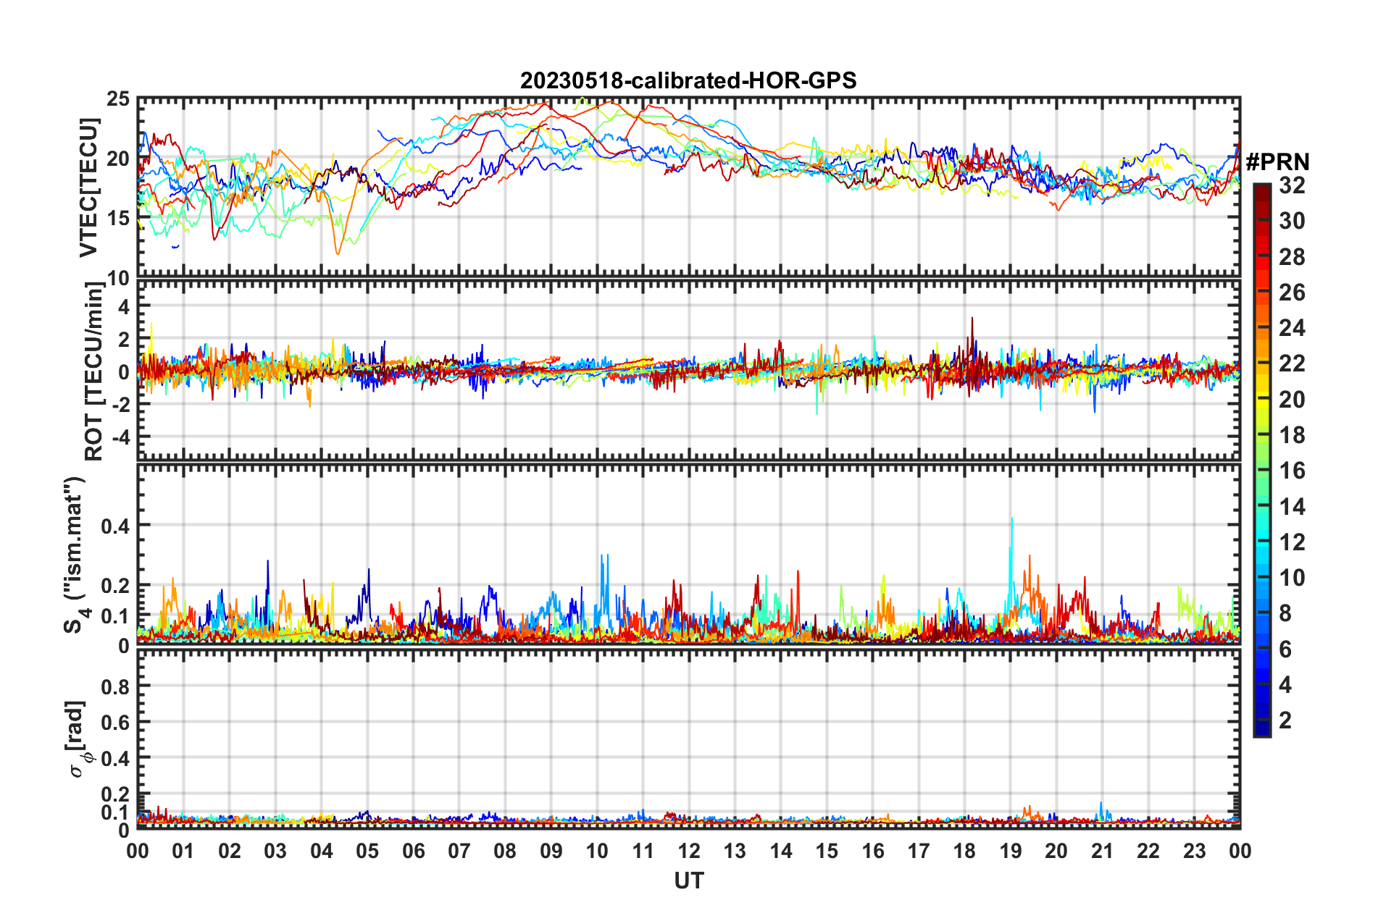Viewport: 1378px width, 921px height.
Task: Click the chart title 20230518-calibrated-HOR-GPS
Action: (688, 80)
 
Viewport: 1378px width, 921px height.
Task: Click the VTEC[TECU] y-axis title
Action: (88, 188)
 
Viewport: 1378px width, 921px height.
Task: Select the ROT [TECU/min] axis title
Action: (93, 371)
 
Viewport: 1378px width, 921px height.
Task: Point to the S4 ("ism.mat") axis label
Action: (76, 555)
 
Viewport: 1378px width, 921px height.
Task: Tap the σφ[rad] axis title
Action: (78, 739)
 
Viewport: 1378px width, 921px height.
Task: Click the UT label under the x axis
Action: (688, 880)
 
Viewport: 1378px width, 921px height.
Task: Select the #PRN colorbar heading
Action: (1277, 161)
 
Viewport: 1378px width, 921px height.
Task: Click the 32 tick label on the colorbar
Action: (1292, 185)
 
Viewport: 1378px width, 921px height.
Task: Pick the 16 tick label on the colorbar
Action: (1292, 471)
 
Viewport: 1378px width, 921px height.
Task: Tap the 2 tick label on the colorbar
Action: (1285, 720)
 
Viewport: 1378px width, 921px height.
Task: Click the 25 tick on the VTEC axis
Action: (117, 99)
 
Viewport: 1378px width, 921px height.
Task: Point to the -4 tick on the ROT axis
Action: (120, 437)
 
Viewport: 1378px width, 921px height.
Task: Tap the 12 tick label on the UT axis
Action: (689, 851)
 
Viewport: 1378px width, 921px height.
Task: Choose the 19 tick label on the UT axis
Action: (1011, 851)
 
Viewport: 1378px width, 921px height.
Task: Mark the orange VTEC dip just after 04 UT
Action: (337, 252)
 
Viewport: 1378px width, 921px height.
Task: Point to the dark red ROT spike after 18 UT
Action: (972, 319)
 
